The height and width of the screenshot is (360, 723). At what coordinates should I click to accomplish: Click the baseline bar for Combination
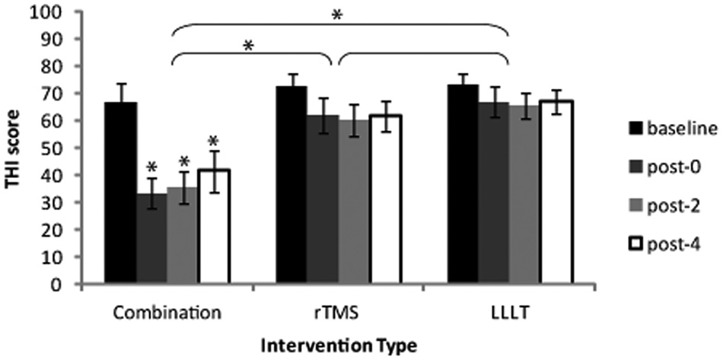[x=121, y=193]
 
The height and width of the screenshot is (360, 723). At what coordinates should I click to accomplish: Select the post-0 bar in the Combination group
[x=151, y=238]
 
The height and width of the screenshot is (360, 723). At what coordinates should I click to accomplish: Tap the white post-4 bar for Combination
[x=214, y=226]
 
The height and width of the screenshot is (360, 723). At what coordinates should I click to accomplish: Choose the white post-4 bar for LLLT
[x=557, y=192]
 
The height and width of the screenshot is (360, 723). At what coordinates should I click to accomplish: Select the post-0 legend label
[x=672, y=167]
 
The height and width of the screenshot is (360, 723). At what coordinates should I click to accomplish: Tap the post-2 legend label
[x=672, y=207]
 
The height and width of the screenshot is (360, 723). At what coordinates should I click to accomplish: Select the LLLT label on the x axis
[x=511, y=314]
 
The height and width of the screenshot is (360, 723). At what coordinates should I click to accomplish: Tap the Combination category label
[x=167, y=314]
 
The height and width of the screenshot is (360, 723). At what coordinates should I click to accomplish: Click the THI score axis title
[x=12, y=148]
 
